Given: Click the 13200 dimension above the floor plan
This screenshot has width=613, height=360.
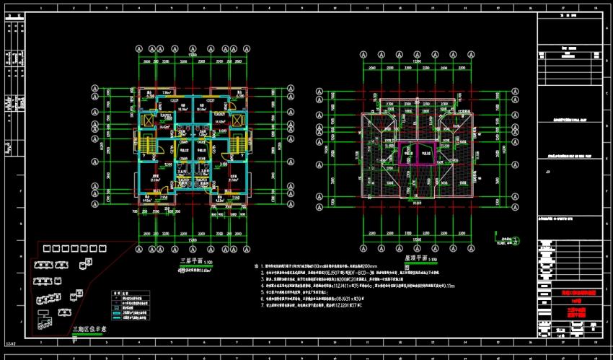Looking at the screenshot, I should [x=193, y=55].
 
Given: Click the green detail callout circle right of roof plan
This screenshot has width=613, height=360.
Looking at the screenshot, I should [x=496, y=237].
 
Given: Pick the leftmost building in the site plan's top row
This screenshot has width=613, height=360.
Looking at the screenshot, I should [x=48, y=248].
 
